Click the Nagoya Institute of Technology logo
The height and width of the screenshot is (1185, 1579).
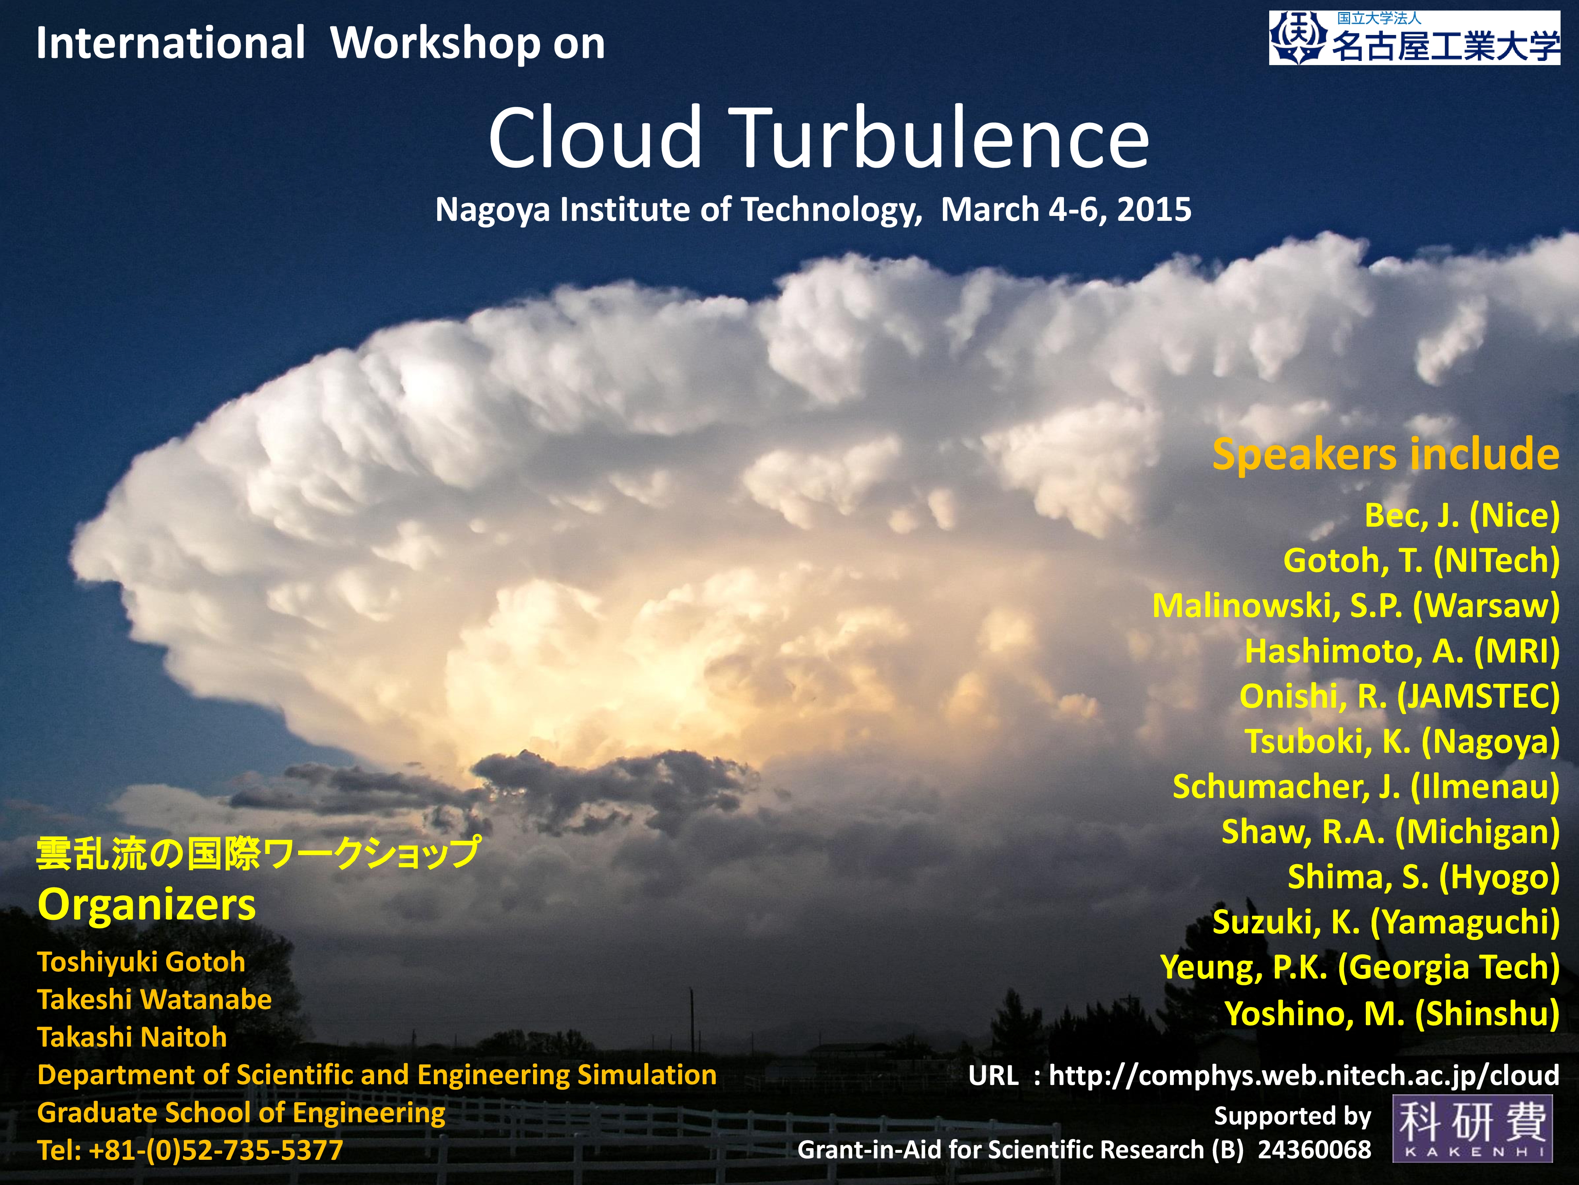pyautogui.click(x=1414, y=38)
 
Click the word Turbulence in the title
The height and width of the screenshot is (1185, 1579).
pyautogui.click(x=942, y=137)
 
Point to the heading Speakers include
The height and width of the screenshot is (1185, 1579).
pyautogui.click(x=1385, y=454)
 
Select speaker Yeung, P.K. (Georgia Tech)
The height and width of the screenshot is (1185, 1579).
pyautogui.click(x=1360, y=968)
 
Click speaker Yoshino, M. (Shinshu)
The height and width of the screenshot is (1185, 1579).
pyautogui.click(x=1392, y=1013)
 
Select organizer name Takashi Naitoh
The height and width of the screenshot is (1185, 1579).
pyautogui.click(x=132, y=1037)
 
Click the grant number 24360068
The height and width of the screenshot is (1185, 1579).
pyautogui.click(x=1314, y=1149)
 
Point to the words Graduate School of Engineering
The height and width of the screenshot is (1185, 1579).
pyautogui.click(x=241, y=1113)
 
